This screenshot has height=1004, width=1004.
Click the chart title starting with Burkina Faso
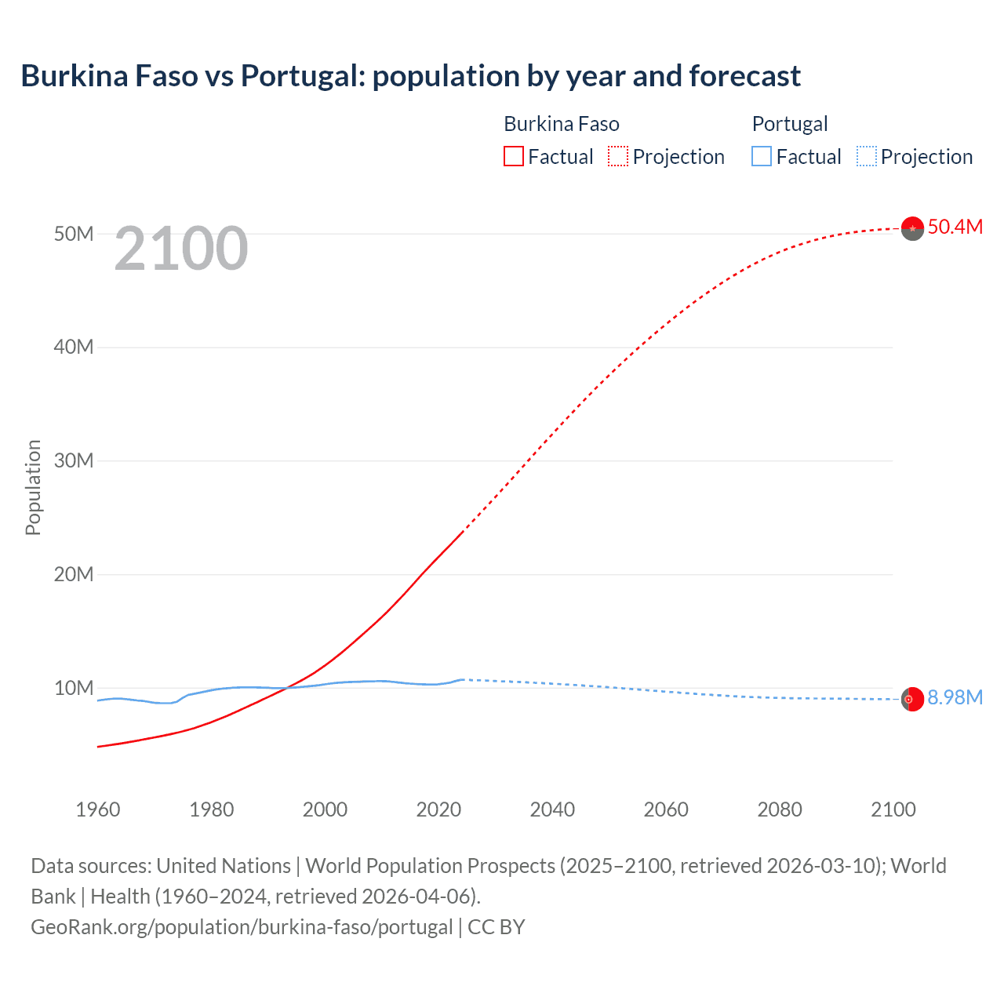[x=410, y=76]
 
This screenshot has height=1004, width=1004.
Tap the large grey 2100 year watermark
[x=181, y=249]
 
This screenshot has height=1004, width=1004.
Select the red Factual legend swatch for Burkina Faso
[x=513, y=156]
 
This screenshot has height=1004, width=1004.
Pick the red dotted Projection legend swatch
[x=618, y=156]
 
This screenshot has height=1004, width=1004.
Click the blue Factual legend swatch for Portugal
[x=762, y=156]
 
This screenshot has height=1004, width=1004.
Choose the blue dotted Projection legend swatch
[x=867, y=156]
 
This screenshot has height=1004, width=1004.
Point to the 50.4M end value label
[x=955, y=227]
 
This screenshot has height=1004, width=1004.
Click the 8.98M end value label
[x=955, y=697]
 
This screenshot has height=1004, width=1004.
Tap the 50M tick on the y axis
[x=74, y=234]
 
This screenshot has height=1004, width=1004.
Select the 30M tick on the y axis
[x=74, y=460]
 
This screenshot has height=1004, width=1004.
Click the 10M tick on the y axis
[x=74, y=688]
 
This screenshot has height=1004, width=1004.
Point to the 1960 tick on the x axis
[x=98, y=809]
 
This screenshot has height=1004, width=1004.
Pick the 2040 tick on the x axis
[x=552, y=809]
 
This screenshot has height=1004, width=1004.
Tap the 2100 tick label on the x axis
[x=893, y=809]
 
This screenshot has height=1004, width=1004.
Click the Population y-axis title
[x=33, y=487]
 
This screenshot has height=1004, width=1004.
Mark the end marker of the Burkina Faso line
[x=912, y=228]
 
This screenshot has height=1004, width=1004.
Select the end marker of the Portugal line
[x=911, y=699]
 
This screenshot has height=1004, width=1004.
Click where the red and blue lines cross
[x=287, y=688]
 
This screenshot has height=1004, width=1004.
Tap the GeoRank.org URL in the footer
[x=242, y=926]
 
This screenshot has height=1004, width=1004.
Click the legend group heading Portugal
[x=790, y=124]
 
